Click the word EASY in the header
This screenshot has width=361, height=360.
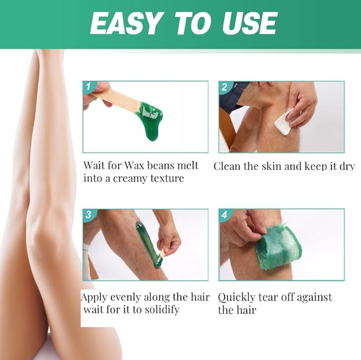pos(125,23)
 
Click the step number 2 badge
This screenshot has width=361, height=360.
pos(224,87)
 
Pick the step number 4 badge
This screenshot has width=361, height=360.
pos(224,215)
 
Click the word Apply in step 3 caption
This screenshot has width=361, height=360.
pos(95,297)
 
